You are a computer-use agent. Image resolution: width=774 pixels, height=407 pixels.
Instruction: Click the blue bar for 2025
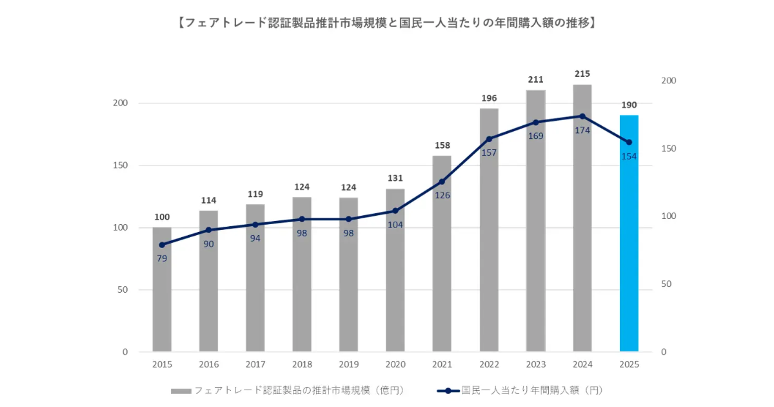[629, 233]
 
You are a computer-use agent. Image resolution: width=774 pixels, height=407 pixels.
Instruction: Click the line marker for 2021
[442, 182]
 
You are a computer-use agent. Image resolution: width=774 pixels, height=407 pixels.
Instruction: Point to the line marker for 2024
[582, 116]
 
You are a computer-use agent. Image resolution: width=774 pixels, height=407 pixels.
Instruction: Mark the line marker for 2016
[208, 230]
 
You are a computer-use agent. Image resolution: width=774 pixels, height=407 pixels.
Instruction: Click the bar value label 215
[582, 74]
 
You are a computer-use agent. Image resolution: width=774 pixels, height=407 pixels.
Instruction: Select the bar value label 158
[442, 145]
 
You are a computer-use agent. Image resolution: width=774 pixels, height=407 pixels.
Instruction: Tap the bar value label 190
[629, 105]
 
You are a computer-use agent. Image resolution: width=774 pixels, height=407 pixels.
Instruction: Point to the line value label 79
[162, 258]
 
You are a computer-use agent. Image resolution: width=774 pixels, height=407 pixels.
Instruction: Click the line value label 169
[536, 136]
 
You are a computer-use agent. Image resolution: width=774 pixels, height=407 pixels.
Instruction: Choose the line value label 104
[395, 224]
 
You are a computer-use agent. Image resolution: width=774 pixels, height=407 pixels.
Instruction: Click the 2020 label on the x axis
[395, 364]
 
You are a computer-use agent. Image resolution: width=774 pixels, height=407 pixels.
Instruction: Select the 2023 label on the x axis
[536, 364]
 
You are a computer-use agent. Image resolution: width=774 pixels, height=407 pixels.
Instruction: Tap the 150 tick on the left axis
[121, 165]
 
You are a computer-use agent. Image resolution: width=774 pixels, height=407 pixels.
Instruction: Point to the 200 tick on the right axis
[668, 81]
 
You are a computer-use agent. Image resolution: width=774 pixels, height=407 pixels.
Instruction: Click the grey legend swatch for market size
[181, 391]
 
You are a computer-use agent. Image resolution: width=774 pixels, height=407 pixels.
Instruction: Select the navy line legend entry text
[531, 390]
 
